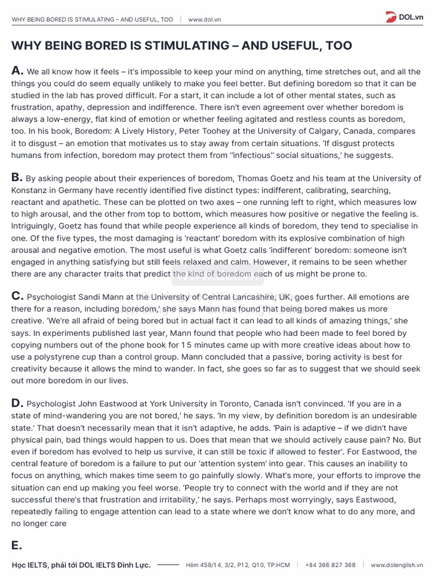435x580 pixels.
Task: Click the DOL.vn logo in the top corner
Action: pos(407,17)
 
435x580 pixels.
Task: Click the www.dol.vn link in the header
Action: pos(204,19)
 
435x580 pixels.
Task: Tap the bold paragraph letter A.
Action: pos(17,71)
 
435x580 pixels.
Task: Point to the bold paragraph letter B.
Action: pos(17,177)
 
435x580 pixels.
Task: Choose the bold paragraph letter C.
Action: pos(17,296)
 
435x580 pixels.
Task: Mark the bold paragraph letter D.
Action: pos(17,403)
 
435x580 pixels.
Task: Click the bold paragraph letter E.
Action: pos(16,545)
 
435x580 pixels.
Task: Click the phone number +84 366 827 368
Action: pos(330,565)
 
